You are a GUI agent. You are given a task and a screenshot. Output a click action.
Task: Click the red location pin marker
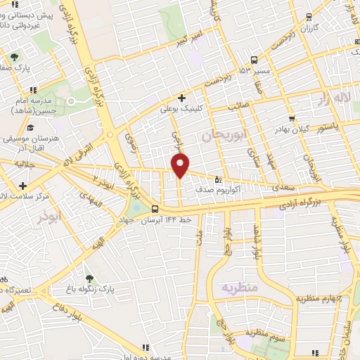(x=181, y=165)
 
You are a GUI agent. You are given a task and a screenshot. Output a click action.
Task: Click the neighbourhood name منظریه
(x=240, y=288)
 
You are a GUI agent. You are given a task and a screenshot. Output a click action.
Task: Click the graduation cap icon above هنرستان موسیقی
(x=30, y=127)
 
